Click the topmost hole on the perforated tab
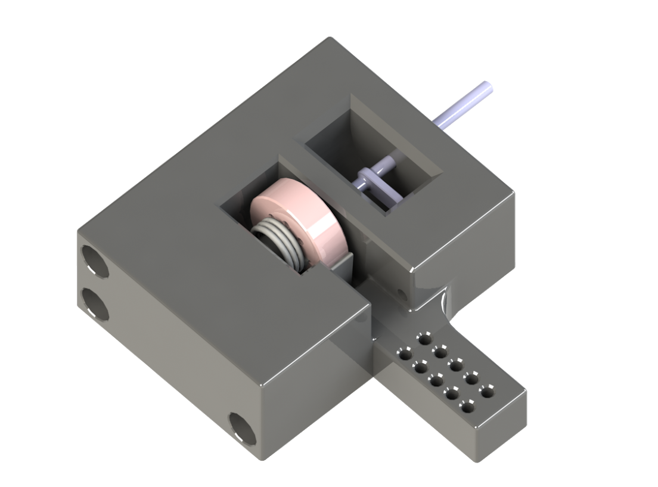pyautogui.click(x=425, y=339)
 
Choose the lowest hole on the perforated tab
pyautogui.click(x=467, y=407)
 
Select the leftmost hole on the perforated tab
pyautogui.click(x=405, y=355)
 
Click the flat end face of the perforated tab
pyautogui.click(x=504, y=426)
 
